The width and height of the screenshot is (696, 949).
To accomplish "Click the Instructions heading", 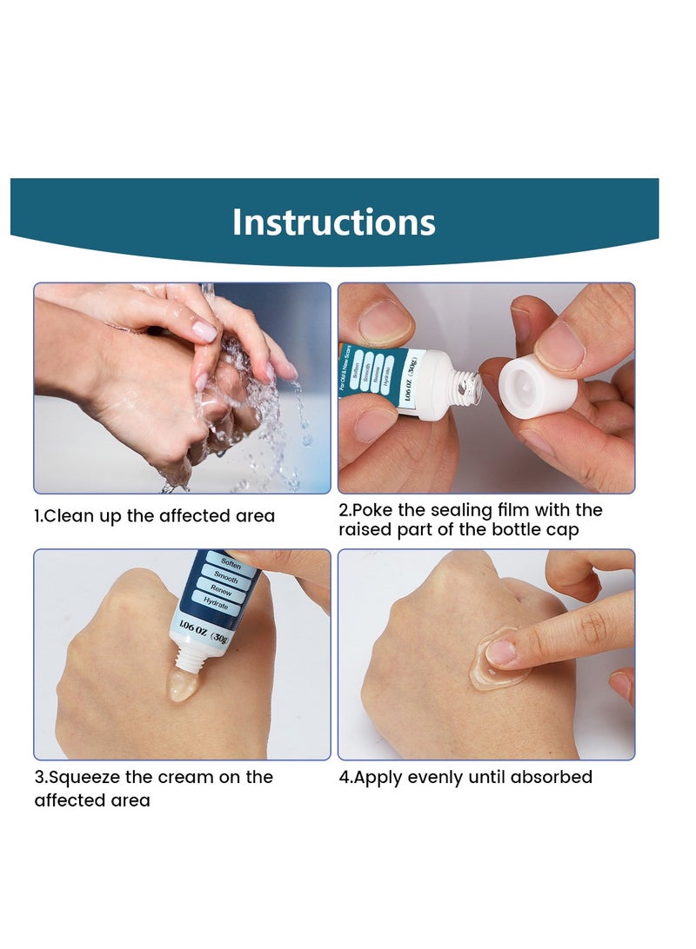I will [x=333, y=222].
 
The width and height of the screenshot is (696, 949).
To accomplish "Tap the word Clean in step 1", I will [x=68, y=516].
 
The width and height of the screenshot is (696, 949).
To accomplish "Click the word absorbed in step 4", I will [x=551, y=777].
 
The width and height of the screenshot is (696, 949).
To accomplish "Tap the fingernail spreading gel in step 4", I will [x=499, y=652].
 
